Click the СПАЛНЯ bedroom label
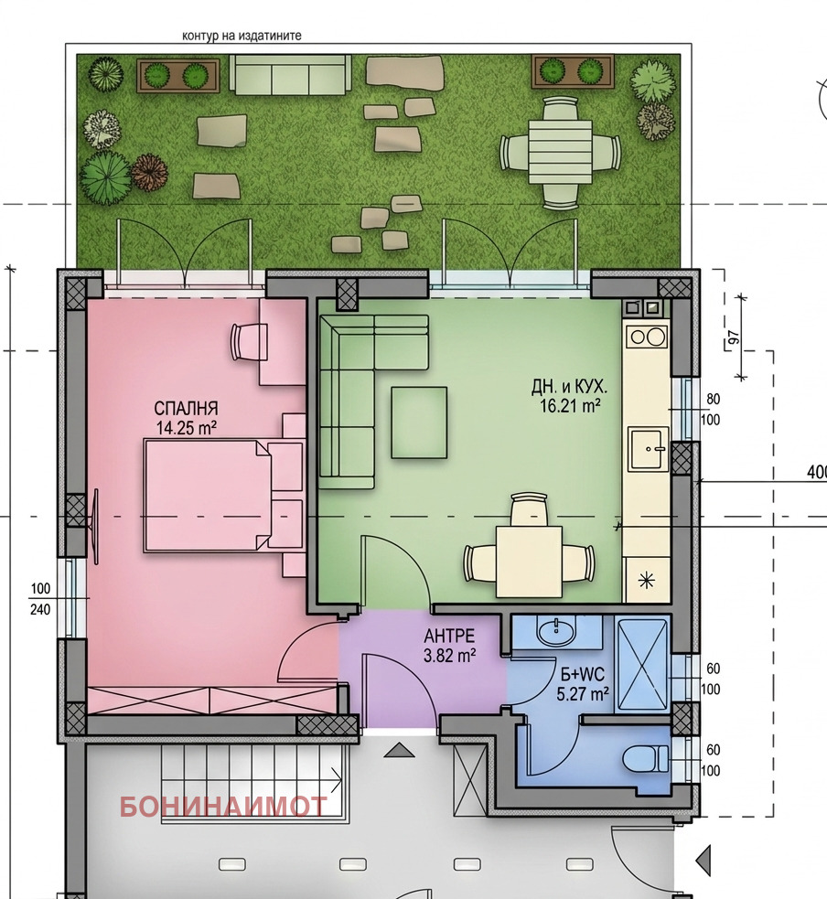(x=186, y=409)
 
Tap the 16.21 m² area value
(x=570, y=406)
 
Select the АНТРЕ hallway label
(x=449, y=636)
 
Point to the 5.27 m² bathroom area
(x=582, y=694)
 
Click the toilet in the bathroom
(x=645, y=758)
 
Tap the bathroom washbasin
(x=555, y=632)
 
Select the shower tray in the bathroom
(x=642, y=665)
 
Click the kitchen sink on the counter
(x=648, y=449)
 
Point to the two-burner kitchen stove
(x=648, y=337)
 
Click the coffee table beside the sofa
(x=419, y=423)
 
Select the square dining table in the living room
(x=530, y=562)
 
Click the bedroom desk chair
(x=248, y=341)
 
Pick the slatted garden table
(x=560, y=153)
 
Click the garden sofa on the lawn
(x=290, y=74)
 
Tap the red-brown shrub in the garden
(x=150, y=172)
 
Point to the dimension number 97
(x=734, y=337)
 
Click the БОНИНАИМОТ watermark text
(x=223, y=807)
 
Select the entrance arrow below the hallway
(x=399, y=750)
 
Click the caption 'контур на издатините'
(x=242, y=36)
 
